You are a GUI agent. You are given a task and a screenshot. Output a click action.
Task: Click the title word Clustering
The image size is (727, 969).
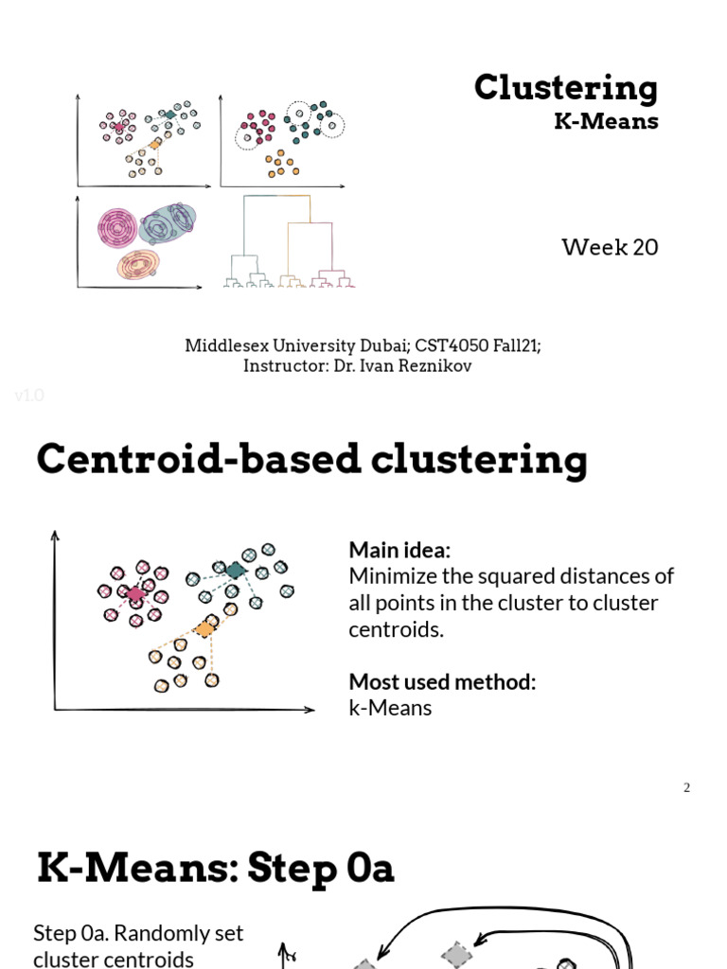[565, 88]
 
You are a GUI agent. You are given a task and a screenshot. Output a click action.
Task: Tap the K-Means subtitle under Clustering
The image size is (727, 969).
[606, 121]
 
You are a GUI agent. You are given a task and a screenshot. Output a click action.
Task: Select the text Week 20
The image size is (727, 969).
[610, 248]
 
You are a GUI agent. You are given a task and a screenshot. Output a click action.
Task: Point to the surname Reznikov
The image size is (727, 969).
[434, 366]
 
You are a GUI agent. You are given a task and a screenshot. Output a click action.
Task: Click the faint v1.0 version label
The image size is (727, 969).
[29, 396]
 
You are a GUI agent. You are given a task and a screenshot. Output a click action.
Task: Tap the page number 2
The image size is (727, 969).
[687, 787]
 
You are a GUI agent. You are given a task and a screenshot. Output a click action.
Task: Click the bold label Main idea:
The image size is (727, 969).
[399, 550]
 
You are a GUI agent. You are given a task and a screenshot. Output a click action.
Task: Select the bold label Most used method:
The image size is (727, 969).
[442, 681]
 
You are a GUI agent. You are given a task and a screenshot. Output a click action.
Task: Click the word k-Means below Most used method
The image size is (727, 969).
[390, 708]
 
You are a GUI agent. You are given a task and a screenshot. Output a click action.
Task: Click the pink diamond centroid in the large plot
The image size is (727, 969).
[134, 594]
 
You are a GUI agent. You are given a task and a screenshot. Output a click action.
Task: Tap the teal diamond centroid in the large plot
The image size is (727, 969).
[234, 570]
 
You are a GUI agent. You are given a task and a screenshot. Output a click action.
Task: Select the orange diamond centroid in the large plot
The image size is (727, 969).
[204, 628]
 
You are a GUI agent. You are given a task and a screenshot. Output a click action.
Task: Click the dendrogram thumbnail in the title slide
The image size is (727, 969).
[290, 241]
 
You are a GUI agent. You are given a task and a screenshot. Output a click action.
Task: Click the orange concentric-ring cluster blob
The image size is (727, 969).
[139, 264]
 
